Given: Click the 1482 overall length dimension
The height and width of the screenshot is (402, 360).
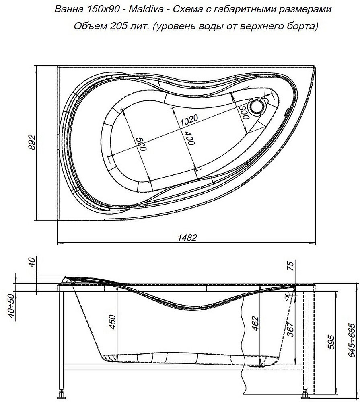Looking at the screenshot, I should [x=187, y=238].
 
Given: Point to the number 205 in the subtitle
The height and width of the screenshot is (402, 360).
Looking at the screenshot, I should [x=117, y=27].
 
